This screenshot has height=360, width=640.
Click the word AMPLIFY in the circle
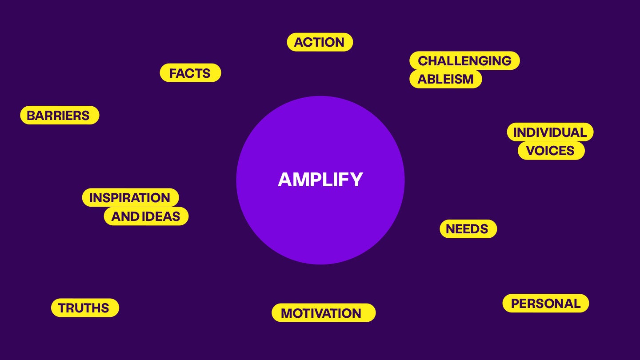[320, 180]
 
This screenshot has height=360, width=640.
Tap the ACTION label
[320, 42]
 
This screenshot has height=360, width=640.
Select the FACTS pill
[190, 73]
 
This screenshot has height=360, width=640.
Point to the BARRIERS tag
[59, 116]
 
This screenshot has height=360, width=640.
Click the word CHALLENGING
[464, 60]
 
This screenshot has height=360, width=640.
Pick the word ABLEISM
[445, 79]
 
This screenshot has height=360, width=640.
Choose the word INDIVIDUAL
[550, 132]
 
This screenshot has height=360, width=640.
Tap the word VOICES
[551, 151]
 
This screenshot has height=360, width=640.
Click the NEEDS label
[468, 229]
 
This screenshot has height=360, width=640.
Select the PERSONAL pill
[545, 304]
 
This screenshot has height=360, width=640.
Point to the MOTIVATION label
[321, 313]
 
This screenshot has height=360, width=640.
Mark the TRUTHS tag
[84, 308]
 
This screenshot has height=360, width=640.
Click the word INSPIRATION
[130, 198]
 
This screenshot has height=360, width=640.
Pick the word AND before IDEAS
[125, 216]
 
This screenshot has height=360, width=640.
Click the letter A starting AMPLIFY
[284, 180]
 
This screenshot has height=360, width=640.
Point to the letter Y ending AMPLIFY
[356, 180]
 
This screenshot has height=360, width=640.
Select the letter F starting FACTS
[173, 73]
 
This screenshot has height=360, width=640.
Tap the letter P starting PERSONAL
[515, 304]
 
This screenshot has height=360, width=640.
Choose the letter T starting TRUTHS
[62, 308]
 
